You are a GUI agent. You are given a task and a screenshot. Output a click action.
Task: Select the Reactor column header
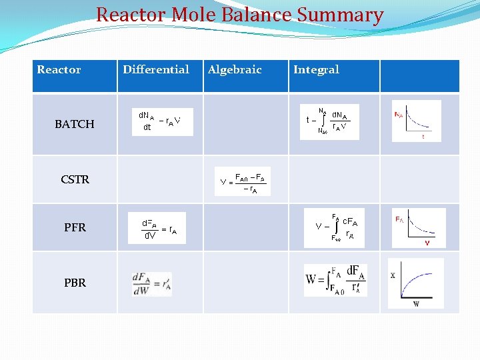tap(59, 69)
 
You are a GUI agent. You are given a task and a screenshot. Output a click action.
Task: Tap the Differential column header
tap(156, 69)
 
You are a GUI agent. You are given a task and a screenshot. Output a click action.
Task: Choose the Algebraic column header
tap(235, 69)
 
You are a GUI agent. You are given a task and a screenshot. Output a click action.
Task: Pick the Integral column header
tap(316, 69)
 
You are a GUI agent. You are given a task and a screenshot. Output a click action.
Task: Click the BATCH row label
tap(75, 124)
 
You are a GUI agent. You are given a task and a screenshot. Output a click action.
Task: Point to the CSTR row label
tap(75, 179)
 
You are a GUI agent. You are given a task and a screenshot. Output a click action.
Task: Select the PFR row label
tap(75, 227)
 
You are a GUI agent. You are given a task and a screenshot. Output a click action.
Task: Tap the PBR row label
tap(75, 283)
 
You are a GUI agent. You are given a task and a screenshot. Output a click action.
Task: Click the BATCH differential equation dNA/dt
tap(161, 121)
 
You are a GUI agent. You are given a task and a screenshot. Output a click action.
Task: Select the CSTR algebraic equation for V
tap(243, 181)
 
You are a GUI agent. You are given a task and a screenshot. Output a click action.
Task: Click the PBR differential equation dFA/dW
tap(152, 283)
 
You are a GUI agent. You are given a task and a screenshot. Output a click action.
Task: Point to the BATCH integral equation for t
tap(331, 122)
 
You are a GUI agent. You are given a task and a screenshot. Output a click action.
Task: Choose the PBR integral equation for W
tap(336, 280)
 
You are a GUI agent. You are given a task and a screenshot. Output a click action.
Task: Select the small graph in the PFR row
tap(419, 228)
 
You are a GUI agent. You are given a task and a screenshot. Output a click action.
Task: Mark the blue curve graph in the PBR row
tap(416, 283)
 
